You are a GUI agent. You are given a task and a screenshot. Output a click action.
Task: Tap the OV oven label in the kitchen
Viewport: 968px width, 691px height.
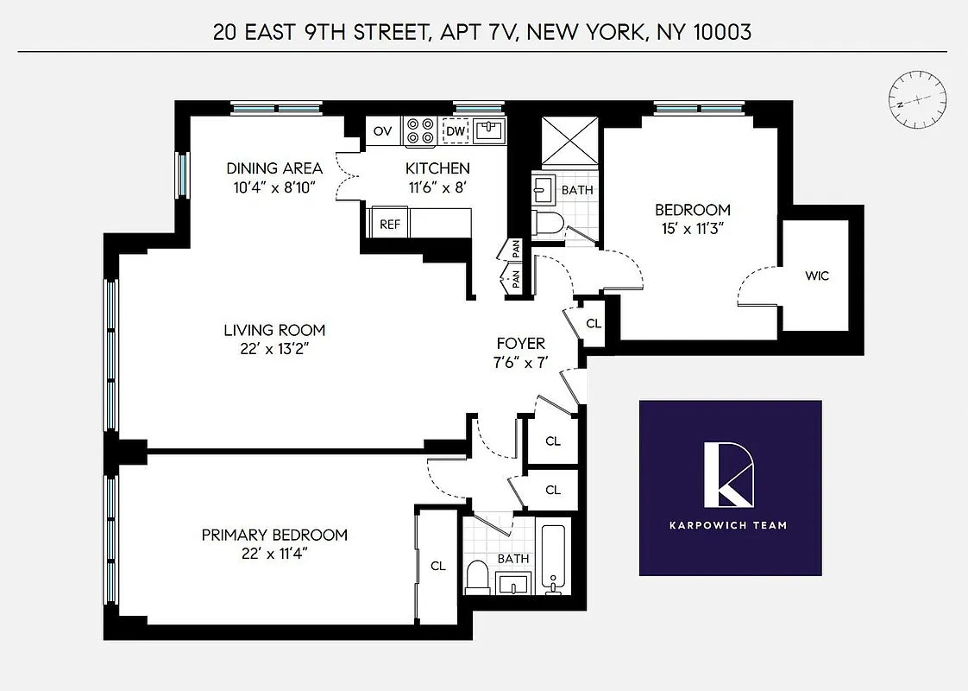[x=383, y=131]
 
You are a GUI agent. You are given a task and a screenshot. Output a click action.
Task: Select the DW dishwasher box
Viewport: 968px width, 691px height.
[x=455, y=131]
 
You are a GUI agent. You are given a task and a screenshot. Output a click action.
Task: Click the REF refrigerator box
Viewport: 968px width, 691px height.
[x=390, y=224]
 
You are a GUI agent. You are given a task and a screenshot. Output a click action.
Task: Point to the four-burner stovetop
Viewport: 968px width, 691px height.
[x=420, y=130]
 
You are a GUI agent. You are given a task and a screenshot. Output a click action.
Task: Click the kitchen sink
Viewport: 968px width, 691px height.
[x=489, y=131]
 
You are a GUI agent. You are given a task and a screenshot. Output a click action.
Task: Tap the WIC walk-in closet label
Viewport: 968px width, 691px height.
[x=816, y=276]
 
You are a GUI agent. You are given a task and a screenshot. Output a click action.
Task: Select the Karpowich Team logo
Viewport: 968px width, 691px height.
[x=730, y=487]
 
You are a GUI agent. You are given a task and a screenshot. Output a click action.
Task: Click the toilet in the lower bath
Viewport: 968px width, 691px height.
[x=478, y=576]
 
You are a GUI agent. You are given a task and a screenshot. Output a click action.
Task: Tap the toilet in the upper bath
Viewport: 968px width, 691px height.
[x=547, y=224]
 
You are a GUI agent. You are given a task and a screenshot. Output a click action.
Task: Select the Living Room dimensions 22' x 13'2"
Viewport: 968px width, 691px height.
[x=274, y=349]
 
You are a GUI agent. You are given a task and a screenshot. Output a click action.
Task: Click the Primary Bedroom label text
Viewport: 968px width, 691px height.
[x=274, y=535]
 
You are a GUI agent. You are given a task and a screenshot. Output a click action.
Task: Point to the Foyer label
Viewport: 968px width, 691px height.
[x=520, y=343]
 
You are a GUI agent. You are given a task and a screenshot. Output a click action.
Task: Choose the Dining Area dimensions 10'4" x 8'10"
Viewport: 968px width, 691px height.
[x=274, y=187]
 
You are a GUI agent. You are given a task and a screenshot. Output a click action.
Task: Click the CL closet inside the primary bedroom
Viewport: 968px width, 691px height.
[x=438, y=566]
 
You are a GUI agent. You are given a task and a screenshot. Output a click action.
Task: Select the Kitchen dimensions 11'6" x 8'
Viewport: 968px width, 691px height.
[x=437, y=187]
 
